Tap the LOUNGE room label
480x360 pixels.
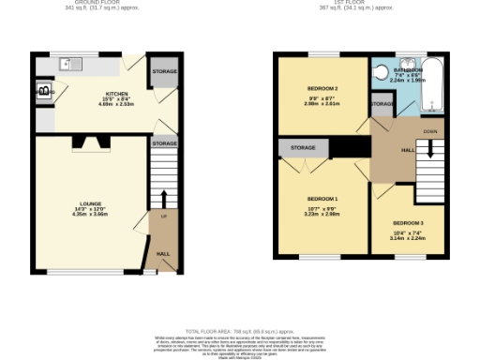click(x=89, y=207)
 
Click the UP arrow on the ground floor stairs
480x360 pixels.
click(x=164, y=200)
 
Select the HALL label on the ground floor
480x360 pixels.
click(x=163, y=253)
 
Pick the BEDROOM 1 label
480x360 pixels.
click(x=322, y=199)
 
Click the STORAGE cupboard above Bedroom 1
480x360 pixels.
click(x=303, y=148)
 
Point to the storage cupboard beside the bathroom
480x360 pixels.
click(x=381, y=104)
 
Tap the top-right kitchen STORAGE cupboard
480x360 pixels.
click(x=164, y=72)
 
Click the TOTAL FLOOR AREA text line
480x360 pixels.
click(x=240, y=332)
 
